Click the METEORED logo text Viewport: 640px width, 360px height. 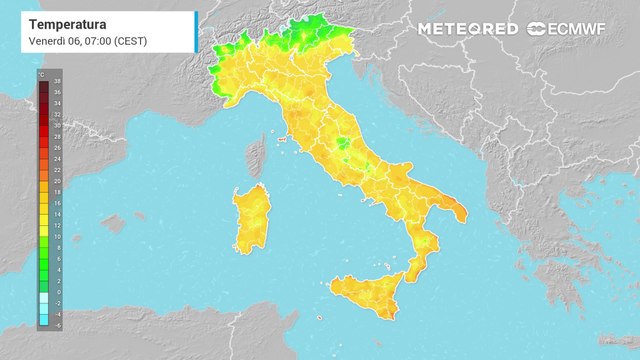(468, 29)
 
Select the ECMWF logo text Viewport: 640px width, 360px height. (581, 29)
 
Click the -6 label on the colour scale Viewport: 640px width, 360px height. (58, 324)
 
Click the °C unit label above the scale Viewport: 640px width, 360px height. (42, 74)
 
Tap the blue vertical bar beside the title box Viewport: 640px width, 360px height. (196, 32)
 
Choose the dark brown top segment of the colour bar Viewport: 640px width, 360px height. (44, 87)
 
